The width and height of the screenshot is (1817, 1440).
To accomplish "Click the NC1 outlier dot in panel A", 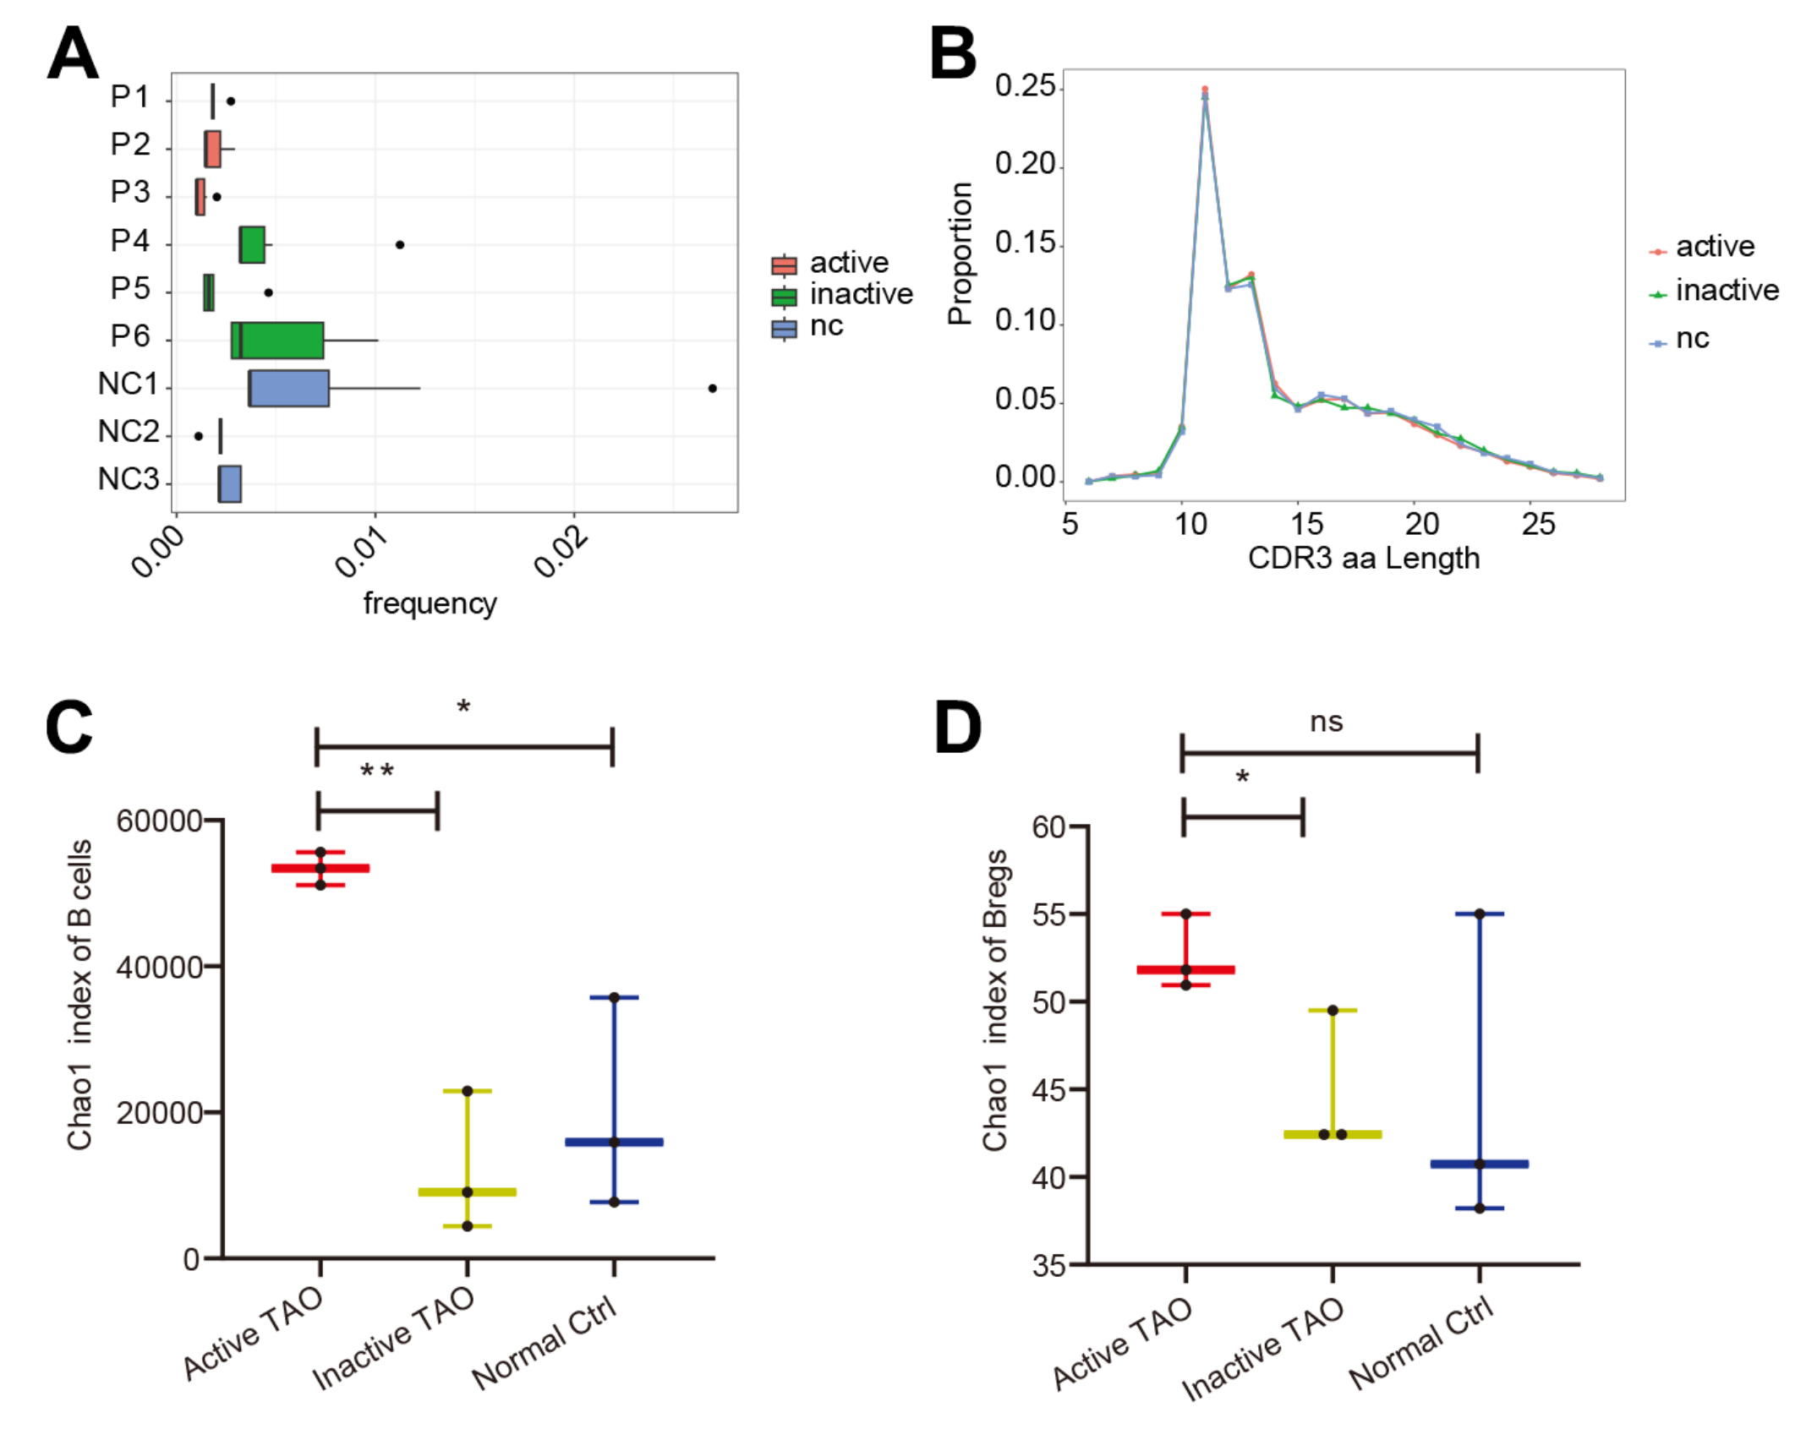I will tap(712, 388).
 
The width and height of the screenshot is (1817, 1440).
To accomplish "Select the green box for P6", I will tap(277, 341).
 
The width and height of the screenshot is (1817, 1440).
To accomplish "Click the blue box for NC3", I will tap(230, 484).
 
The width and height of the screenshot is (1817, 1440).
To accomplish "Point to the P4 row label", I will tap(129, 242).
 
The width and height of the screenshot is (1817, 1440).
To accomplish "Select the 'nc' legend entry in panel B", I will tap(1692, 338).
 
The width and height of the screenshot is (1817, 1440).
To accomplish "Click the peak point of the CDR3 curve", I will tap(1205, 90).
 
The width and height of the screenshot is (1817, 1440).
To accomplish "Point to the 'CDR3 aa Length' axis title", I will tap(1363, 559).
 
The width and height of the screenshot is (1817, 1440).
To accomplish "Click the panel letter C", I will tap(68, 727).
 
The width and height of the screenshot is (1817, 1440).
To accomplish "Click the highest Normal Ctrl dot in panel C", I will tap(614, 998).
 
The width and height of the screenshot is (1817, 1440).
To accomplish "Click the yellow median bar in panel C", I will tap(468, 1192).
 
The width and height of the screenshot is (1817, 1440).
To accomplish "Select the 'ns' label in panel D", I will tap(1326, 722).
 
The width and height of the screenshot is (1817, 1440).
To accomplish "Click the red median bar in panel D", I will tap(1185, 970).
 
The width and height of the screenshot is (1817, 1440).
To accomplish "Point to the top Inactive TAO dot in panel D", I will tap(1333, 1011).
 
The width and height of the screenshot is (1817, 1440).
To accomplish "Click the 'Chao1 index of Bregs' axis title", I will tap(995, 1001).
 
